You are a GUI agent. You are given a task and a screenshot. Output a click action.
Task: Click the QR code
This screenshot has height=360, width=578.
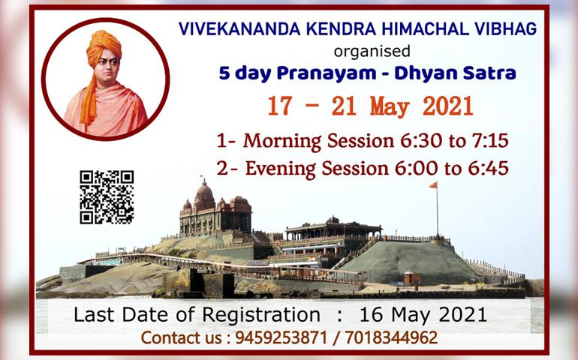pos(107,197)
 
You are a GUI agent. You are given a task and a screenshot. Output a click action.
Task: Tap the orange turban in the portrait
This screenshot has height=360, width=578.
pos(104,46)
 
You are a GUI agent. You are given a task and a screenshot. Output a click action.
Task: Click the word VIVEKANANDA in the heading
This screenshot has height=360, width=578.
pos(239,29)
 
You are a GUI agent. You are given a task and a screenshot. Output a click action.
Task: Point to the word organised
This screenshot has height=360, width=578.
pos(372,51)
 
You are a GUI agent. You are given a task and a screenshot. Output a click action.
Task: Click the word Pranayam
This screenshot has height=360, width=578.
pos(327,73)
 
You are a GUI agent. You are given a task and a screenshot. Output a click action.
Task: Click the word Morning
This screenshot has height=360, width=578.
pos(282,142)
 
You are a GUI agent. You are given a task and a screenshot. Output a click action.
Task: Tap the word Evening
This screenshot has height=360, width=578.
pos(281,169)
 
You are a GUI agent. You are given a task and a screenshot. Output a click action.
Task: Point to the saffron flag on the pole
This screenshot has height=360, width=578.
pos(433,185)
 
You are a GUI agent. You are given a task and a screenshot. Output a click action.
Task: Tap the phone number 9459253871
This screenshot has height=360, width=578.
pos(281,337)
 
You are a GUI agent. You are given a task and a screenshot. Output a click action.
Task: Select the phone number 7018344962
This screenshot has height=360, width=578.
pos(391,337)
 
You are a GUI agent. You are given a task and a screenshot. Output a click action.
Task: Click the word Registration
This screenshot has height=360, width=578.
pos(261,316)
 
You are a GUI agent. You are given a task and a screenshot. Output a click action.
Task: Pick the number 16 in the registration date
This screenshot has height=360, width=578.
pos(372,315)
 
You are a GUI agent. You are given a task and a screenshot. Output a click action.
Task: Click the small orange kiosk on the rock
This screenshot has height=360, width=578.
pos(411,277)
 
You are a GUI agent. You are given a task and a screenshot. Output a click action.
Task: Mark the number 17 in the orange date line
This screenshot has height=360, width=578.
pos(280,106)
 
